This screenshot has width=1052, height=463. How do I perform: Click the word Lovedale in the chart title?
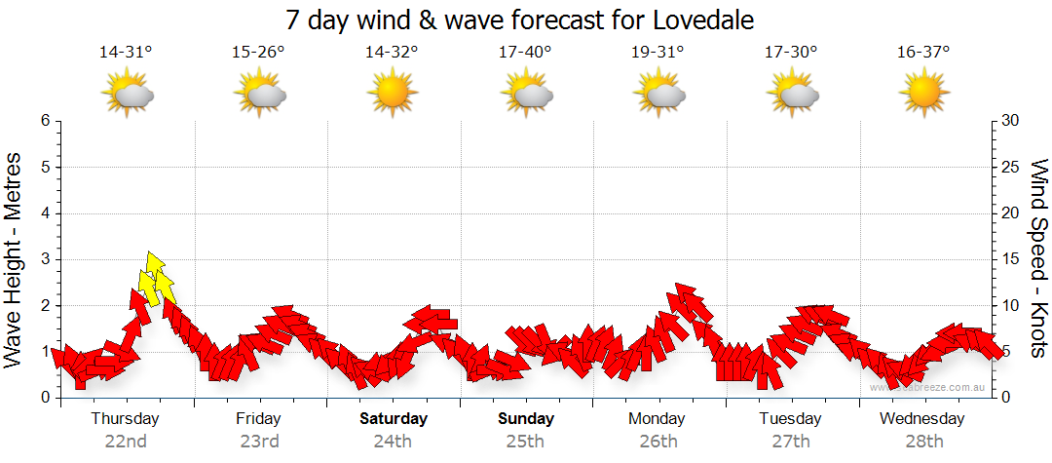(x=699, y=19)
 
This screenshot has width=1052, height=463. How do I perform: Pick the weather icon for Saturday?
(x=392, y=94)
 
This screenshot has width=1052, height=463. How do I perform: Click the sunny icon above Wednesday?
(x=923, y=94)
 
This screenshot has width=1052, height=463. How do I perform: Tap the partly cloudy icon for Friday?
(x=259, y=94)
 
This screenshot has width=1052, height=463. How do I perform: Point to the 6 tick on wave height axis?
(x=44, y=121)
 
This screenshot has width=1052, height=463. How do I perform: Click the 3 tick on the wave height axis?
(x=44, y=259)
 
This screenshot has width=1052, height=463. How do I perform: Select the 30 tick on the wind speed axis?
(x=1012, y=121)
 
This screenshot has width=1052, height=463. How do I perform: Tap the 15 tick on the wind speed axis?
(x=1012, y=259)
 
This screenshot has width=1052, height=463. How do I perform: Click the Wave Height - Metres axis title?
(x=15, y=259)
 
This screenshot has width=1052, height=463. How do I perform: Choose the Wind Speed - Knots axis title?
(x=1037, y=259)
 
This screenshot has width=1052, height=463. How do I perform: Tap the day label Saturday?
(x=394, y=419)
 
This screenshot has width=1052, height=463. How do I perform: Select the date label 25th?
(x=525, y=441)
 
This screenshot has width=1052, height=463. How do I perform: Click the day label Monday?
(x=657, y=419)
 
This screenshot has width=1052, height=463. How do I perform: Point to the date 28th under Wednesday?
(x=922, y=441)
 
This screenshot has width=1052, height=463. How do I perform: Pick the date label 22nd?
(x=126, y=441)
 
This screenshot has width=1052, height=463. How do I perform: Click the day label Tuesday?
(x=790, y=419)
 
